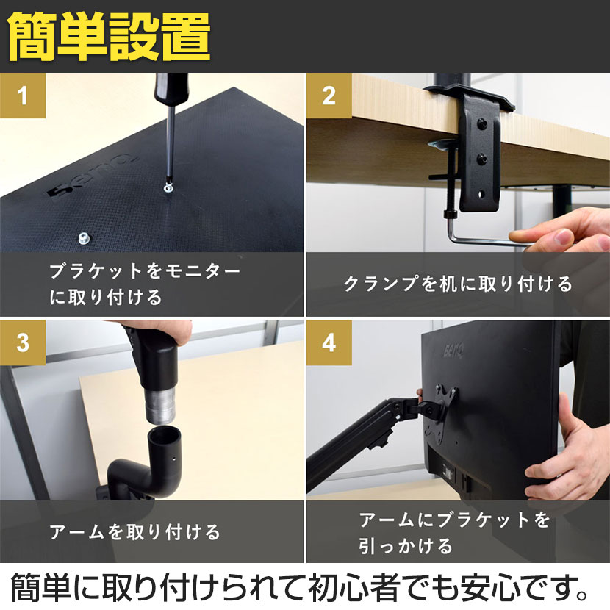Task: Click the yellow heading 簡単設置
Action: [109, 36]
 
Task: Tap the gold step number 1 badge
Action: [23, 96]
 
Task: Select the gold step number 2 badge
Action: [329, 96]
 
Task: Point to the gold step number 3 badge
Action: [23, 342]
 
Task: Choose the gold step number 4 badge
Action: [329, 342]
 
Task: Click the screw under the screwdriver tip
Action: [168, 188]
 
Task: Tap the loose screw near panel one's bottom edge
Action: [84, 237]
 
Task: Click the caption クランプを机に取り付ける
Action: [458, 284]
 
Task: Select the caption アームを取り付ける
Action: [134, 531]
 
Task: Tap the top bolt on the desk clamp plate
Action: [482, 123]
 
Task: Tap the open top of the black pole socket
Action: [165, 434]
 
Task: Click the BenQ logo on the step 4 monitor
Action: [453, 351]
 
